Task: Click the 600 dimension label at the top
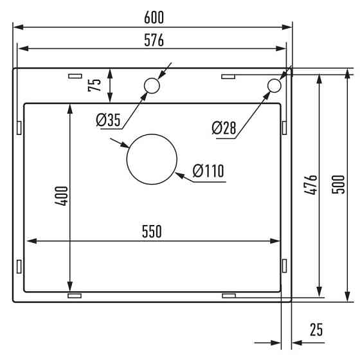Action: [152, 17]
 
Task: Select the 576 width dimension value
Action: [153, 40]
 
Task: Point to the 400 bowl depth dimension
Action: [60, 195]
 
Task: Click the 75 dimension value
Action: [93, 84]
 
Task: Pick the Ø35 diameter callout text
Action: [108, 120]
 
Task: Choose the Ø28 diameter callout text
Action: [224, 128]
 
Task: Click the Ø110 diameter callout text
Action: [208, 172]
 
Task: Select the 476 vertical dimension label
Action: [310, 185]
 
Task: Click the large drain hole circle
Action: [152, 159]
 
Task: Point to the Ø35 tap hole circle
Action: [152, 85]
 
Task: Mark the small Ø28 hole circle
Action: [274, 85]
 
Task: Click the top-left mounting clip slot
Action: [75, 76]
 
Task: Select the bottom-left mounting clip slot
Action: [75, 296]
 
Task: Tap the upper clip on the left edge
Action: [19, 127]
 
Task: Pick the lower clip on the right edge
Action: [283, 265]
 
